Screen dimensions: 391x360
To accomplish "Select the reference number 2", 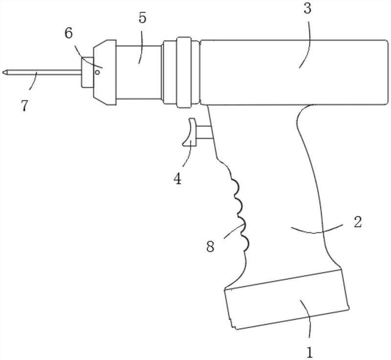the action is click(357, 222).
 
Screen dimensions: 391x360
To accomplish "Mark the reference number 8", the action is click(210, 246).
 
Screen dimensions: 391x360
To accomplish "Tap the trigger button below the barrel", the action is click(188, 133).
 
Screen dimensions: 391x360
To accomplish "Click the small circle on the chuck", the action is click(98, 72).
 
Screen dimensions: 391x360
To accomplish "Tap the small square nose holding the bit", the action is click(87, 72).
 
